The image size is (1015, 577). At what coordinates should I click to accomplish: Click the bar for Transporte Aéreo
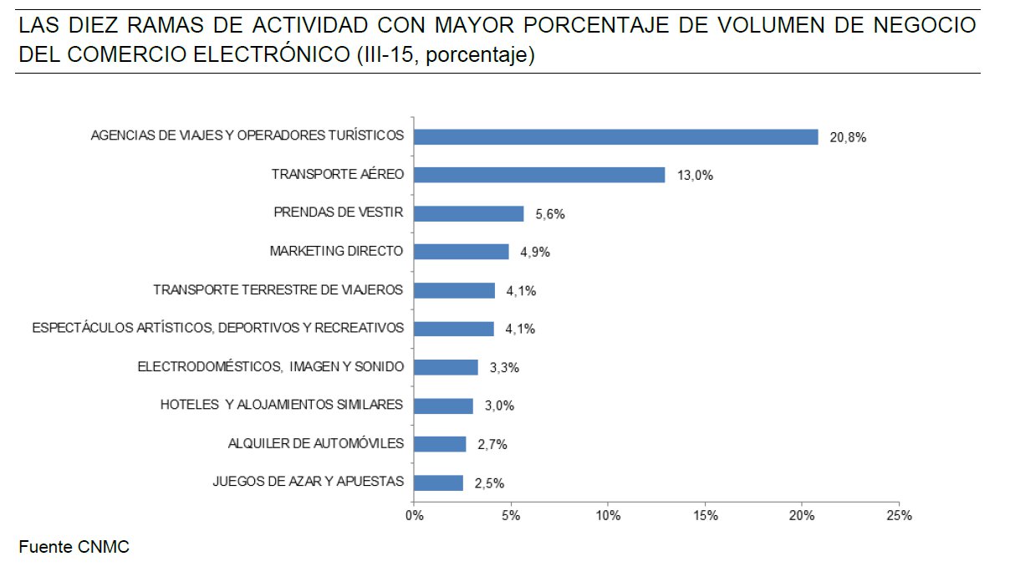click(x=539, y=175)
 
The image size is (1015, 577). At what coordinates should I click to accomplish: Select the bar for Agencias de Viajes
click(x=616, y=136)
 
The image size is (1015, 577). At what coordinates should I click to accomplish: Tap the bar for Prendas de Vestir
click(x=469, y=213)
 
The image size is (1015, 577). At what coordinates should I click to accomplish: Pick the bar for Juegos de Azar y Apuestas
click(x=439, y=483)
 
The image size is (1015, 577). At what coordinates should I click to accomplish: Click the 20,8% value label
click(x=848, y=138)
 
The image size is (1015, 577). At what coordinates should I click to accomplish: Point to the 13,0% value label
click(x=695, y=176)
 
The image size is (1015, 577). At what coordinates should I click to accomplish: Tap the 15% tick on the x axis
click(x=705, y=515)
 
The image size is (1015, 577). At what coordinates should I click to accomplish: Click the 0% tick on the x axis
click(x=414, y=515)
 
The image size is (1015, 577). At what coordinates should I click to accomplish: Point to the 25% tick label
click(x=899, y=515)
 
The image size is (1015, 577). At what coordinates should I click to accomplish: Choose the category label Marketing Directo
click(x=336, y=251)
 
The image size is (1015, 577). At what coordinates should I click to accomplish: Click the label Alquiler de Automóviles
click(x=316, y=442)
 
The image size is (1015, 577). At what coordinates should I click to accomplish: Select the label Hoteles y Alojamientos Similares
click(x=282, y=405)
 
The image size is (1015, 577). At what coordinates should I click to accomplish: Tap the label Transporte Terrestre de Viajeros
click(x=278, y=290)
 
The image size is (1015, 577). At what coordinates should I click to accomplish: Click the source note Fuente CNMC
click(x=74, y=548)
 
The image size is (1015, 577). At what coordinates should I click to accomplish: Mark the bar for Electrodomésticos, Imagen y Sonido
click(x=446, y=367)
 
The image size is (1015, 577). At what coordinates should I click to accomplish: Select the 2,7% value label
click(x=492, y=445)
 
